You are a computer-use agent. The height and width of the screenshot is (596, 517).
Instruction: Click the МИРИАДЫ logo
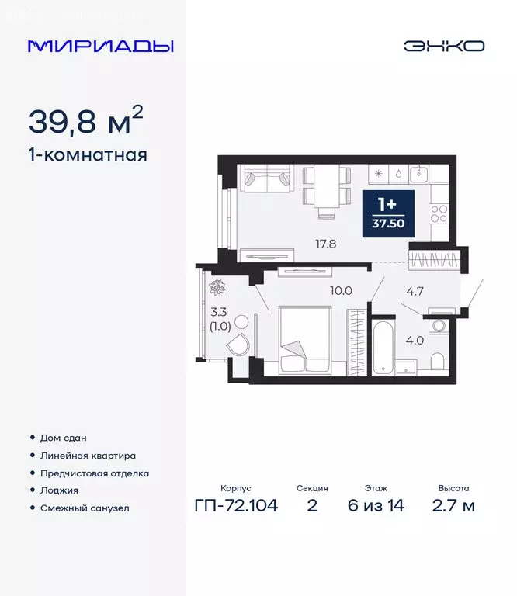tap(100, 46)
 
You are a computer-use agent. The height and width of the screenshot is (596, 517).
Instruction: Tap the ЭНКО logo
tap(443, 46)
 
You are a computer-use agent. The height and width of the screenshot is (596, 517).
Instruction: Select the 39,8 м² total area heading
tap(85, 121)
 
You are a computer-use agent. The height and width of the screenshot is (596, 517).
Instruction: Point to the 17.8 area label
tap(304, 243)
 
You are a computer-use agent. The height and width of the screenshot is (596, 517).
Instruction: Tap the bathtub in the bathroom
tap(383, 348)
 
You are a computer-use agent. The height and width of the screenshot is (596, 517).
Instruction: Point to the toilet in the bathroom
tap(436, 361)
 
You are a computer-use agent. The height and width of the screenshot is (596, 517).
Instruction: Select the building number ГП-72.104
tap(235, 506)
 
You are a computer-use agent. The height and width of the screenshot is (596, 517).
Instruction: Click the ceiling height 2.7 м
tap(453, 506)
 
